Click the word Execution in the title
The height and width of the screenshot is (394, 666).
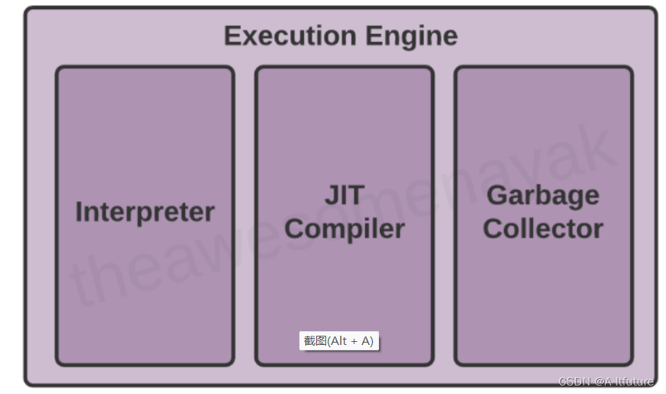point(290,36)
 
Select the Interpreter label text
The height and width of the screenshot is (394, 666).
point(145,212)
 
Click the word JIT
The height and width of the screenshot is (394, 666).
point(345,195)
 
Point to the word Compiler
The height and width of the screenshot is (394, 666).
point(345,228)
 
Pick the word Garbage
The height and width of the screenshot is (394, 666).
point(543,195)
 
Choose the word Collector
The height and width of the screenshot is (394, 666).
point(543,228)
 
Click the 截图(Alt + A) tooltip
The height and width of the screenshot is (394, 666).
point(339,341)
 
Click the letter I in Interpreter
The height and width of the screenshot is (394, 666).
point(79,212)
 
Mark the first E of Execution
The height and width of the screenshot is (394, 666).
point(231,36)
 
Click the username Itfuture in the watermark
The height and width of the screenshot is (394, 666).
point(632,382)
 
